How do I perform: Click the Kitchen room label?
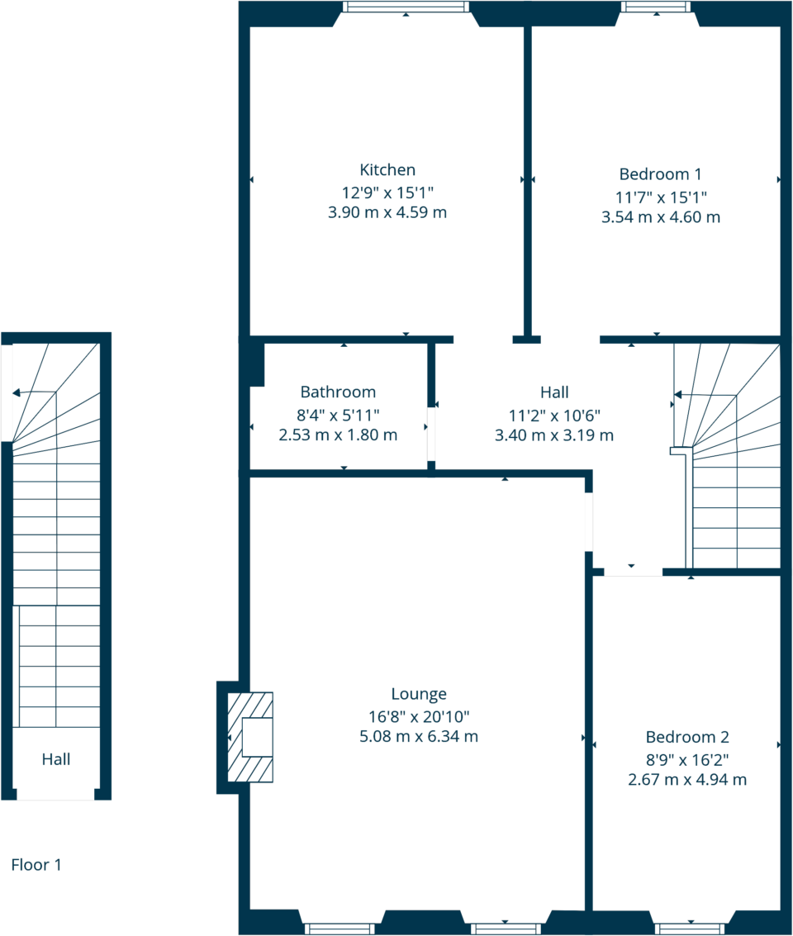coord(387,170)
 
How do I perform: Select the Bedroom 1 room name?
coord(660,174)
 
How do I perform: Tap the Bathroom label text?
coord(338,392)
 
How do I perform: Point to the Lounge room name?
coord(419,694)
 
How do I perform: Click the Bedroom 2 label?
coord(687,737)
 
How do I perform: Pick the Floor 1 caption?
coord(36,865)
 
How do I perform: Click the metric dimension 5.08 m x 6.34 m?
coord(419,736)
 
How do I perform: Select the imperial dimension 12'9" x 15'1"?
coord(387,192)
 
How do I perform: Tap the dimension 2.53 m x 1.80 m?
coord(338,435)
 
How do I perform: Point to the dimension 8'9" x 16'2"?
coord(687,758)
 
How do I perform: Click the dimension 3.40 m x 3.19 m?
coord(553,435)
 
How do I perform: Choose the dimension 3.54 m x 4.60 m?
coord(660,217)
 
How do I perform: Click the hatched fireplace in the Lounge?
coord(250,737)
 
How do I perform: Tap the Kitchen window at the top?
coord(406,7)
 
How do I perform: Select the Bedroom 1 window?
coord(656,7)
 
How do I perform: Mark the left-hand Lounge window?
coord(340,929)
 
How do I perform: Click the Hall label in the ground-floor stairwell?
coord(56,759)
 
